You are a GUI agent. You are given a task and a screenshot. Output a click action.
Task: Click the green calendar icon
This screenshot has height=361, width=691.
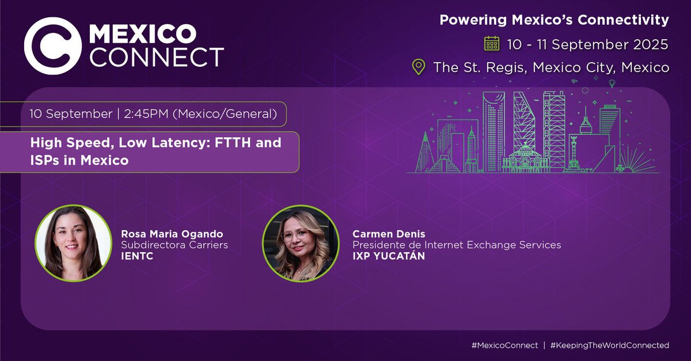point(492,44)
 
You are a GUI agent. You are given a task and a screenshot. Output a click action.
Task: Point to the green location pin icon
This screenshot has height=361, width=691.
point(419,67)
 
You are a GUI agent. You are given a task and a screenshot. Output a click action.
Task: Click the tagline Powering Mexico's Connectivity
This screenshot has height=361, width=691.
point(554,20)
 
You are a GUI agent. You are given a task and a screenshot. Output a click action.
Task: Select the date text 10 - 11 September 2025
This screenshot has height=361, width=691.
point(587,44)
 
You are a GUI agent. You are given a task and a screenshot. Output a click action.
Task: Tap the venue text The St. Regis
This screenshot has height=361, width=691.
point(480,67)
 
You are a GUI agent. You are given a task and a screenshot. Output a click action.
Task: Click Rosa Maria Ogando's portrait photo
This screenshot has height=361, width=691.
point(73,242)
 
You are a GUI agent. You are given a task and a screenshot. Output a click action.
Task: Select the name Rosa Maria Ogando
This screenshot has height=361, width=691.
point(171,234)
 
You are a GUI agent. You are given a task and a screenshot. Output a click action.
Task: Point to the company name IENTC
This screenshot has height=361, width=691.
point(136,256)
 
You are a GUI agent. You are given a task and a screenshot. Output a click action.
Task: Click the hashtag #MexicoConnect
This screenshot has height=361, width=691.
point(504,345)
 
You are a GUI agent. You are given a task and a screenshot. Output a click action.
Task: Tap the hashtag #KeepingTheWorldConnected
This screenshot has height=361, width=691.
point(609,345)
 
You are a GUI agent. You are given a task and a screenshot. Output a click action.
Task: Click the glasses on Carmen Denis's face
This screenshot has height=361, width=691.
point(296,235)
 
